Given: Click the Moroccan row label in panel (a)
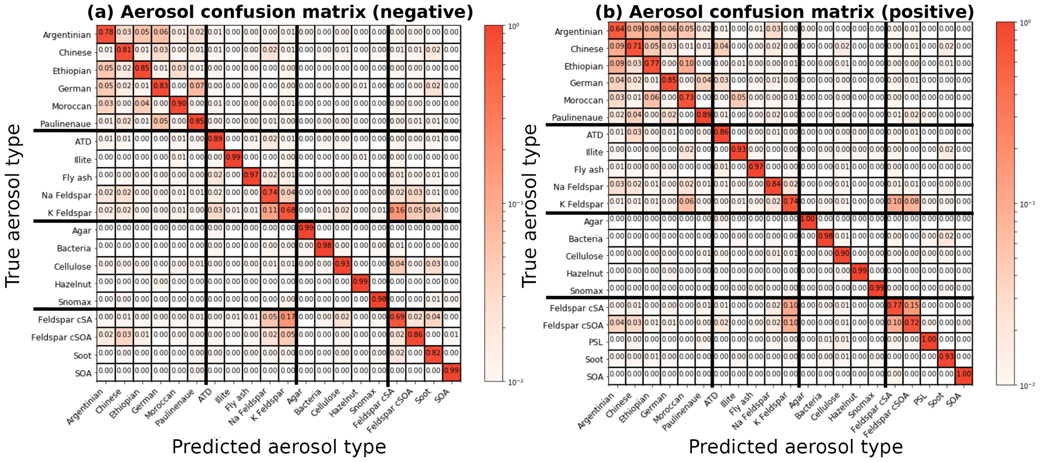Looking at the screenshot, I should [71, 106].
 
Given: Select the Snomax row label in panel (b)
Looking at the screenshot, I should [586, 291].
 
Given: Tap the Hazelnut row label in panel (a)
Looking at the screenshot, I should [73, 284].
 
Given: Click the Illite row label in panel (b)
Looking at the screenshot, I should [594, 152].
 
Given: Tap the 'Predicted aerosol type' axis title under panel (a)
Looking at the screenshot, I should [279, 447].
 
